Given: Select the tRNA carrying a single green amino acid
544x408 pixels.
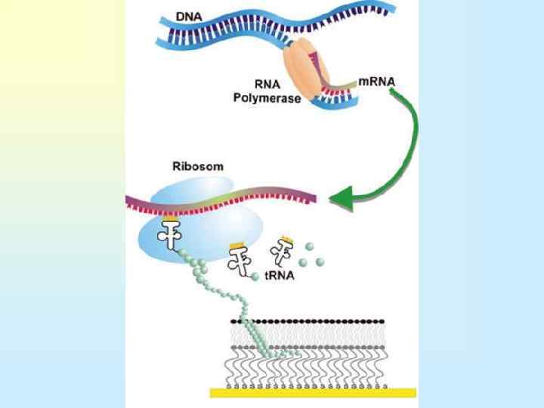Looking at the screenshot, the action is point(243,261).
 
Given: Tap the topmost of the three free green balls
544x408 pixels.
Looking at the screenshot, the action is point(308,246).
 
